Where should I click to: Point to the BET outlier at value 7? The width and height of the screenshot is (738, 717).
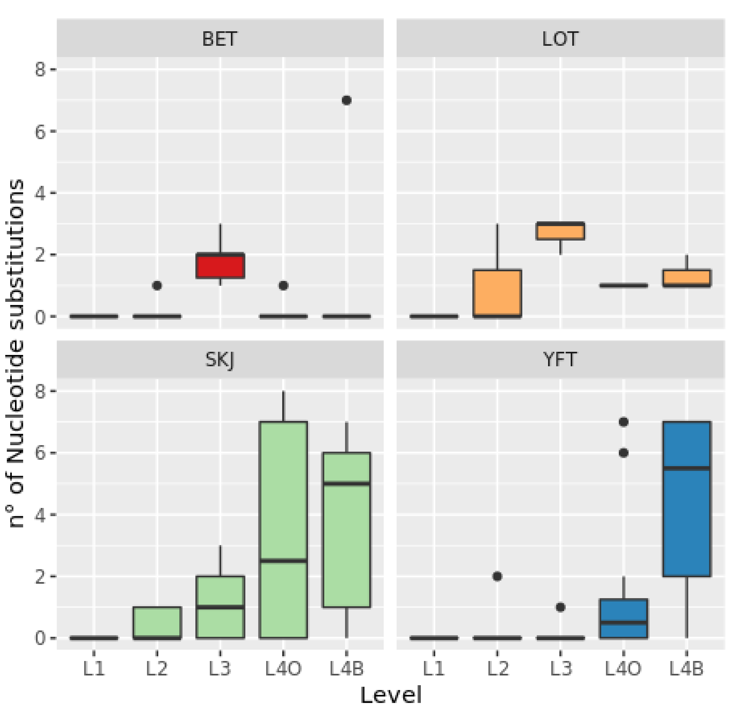(347, 100)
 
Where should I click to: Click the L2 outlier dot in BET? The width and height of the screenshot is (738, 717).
(157, 286)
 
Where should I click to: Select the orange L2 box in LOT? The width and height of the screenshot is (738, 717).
(497, 293)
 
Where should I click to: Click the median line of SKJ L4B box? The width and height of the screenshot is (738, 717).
(347, 484)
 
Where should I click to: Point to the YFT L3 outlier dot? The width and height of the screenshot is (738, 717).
(560, 607)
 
